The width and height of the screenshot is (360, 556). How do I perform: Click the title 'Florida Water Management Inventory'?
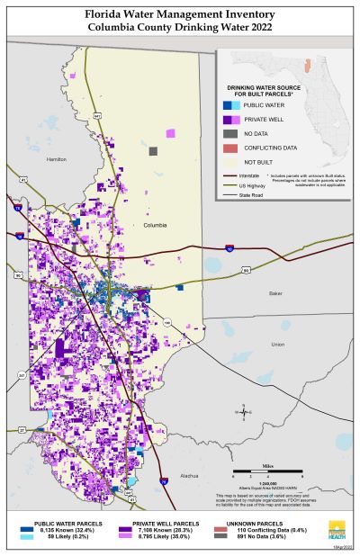pyautogui.click(x=180, y=15)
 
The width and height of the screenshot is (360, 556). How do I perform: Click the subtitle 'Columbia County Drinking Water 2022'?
pyautogui.click(x=180, y=28)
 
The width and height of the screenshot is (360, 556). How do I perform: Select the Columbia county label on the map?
pyautogui.click(x=155, y=226)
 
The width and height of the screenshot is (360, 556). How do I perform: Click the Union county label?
pyautogui.click(x=277, y=344)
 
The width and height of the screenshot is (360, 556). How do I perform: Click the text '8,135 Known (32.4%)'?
pyautogui.click(x=61, y=529)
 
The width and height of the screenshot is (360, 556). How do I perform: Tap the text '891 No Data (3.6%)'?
pyautogui.click(x=277, y=536)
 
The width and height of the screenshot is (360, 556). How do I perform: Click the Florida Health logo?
pyautogui.click(x=340, y=529)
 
